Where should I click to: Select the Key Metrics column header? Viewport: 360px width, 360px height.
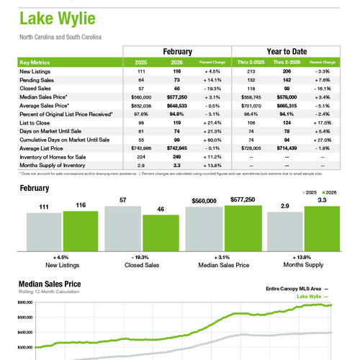click(x=34, y=63)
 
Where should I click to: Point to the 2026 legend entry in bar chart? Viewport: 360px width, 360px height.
click(x=330, y=193)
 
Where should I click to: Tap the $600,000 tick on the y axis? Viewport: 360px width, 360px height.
click(x=24, y=303)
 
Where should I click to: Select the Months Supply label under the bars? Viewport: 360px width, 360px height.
click(x=302, y=264)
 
